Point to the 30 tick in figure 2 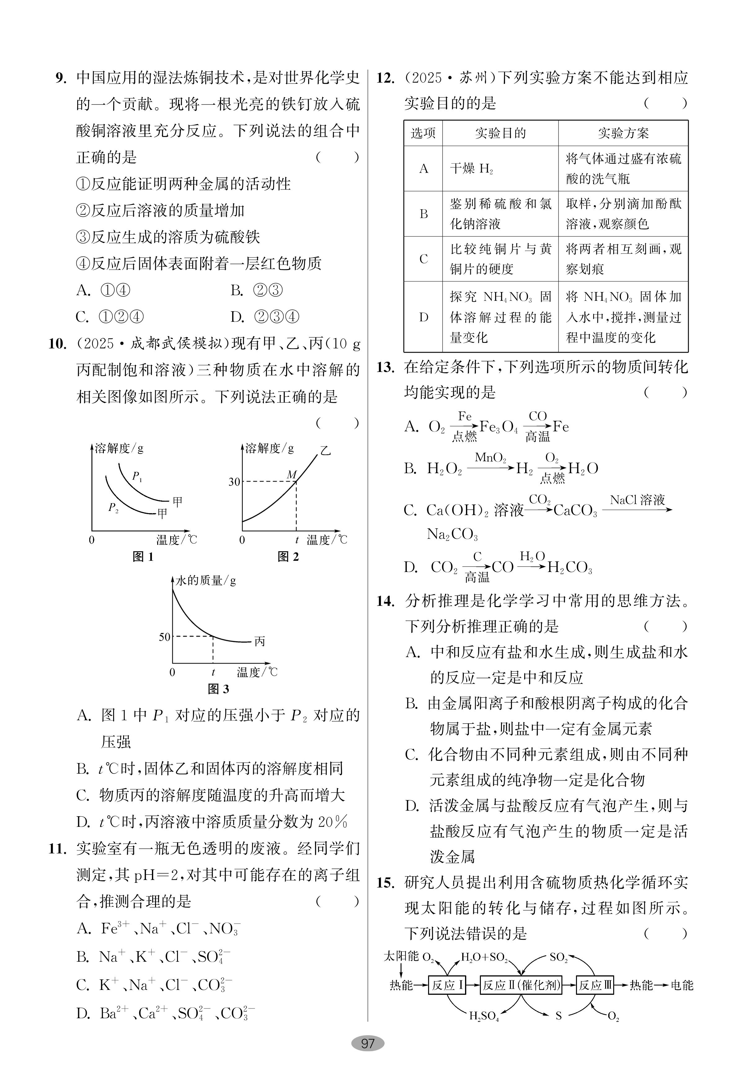(234, 482)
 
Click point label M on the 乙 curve (291, 475)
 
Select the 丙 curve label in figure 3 (259, 641)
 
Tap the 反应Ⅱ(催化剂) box (521, 985)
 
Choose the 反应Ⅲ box (595, 985)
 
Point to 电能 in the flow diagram (681, 985)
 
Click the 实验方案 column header (623, 133)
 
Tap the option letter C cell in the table (423, 259)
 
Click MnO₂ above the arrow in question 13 (490, 458)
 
